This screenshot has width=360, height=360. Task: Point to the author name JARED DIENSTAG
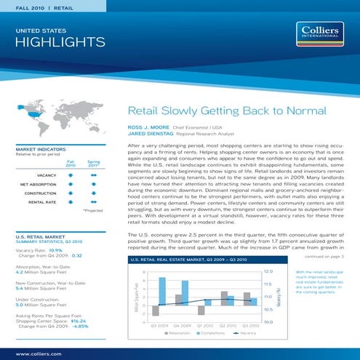[153, 135]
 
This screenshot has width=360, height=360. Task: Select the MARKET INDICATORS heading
[41, 150]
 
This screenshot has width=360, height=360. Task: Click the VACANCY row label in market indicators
[47, 175]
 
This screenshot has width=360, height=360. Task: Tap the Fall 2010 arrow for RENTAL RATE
[71, 203]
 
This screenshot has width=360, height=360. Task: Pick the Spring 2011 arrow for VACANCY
[93, 175]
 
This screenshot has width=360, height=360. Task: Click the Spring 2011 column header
[93, 164]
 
